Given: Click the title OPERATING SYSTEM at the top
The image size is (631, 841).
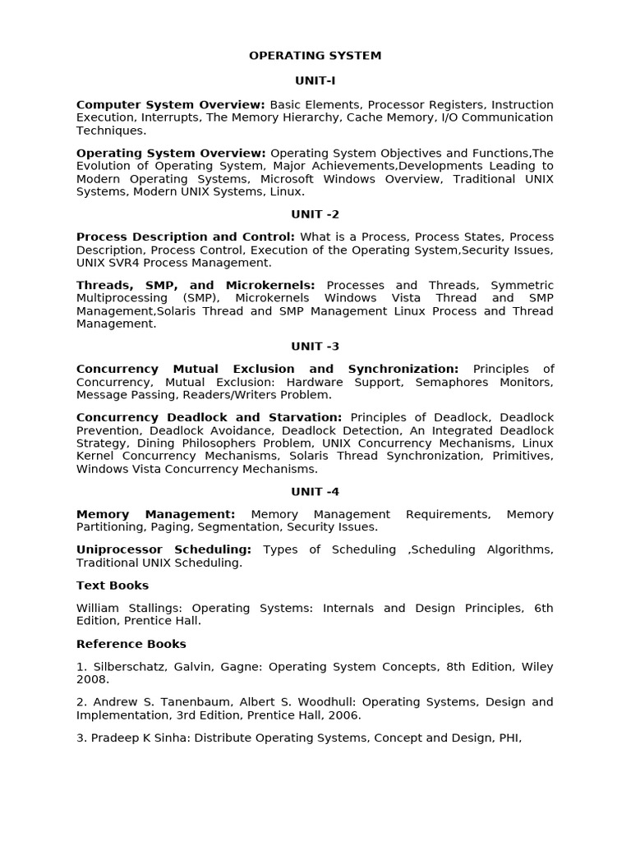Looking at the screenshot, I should [x=315, y=56].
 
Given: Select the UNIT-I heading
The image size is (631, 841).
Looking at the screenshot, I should [x=315, y=80].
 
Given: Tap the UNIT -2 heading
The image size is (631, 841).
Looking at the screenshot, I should [x=315, y=214].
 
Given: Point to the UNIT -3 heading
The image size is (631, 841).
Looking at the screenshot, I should [x=315, y=347].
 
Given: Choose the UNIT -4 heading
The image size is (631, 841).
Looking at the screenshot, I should [x=315, y=492].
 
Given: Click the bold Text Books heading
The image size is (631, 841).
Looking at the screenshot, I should [x=113, y=586].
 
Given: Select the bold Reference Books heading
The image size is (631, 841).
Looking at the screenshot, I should [x=131, y=644].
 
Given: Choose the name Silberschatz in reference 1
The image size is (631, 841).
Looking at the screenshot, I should [x=124, y=667].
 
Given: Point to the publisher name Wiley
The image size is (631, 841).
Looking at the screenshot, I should [x=533, y=667].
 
